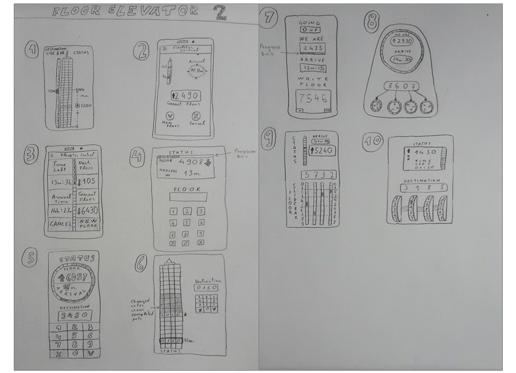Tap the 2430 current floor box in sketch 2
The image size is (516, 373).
(185, 95)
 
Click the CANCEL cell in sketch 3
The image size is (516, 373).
(60, 223)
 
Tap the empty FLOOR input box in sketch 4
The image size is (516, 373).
(187, 197)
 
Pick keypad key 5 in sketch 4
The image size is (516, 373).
(187, 223)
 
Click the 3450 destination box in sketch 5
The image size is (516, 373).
(74, 314)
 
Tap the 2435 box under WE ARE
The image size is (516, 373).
(311, 48)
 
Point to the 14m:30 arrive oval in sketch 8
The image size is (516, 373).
(400, 60)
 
